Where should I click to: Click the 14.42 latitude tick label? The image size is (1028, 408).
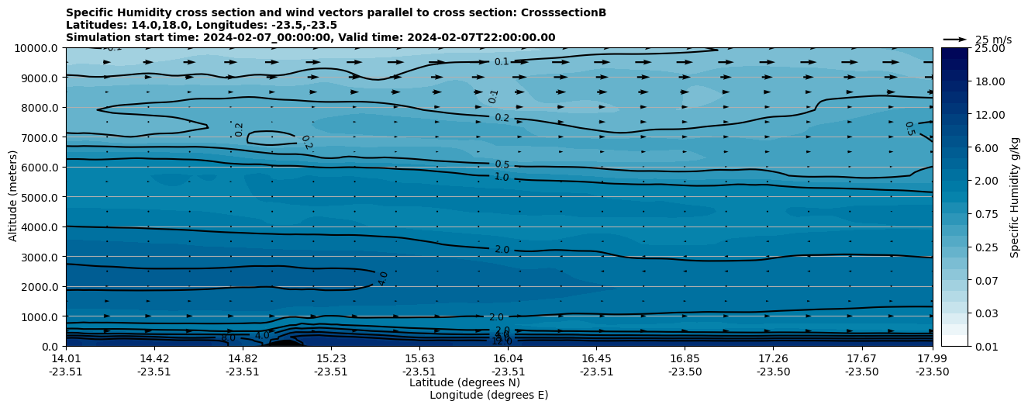[x=154, y=358]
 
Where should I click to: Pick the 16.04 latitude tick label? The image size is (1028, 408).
[x=508, y=358]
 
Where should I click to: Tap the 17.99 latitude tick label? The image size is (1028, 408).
[x=932, y=358]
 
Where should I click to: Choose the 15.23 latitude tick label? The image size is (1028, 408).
[x=331, y=358]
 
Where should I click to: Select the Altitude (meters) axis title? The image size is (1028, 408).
[x=13, y=197]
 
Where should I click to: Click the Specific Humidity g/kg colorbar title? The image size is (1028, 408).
[x=1015, y=197]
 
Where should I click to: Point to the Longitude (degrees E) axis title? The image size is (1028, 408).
[x=488, y=395]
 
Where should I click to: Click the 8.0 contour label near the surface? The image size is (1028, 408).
[x=228, y=337]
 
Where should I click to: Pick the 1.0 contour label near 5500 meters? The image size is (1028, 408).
[x=502, y=177]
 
